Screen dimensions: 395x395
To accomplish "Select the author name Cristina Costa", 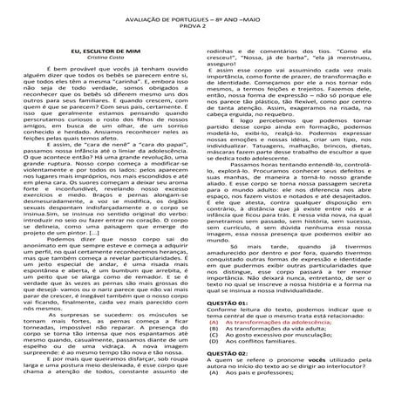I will point(104,59).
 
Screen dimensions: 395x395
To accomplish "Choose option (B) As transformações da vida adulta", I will point(274,354).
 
